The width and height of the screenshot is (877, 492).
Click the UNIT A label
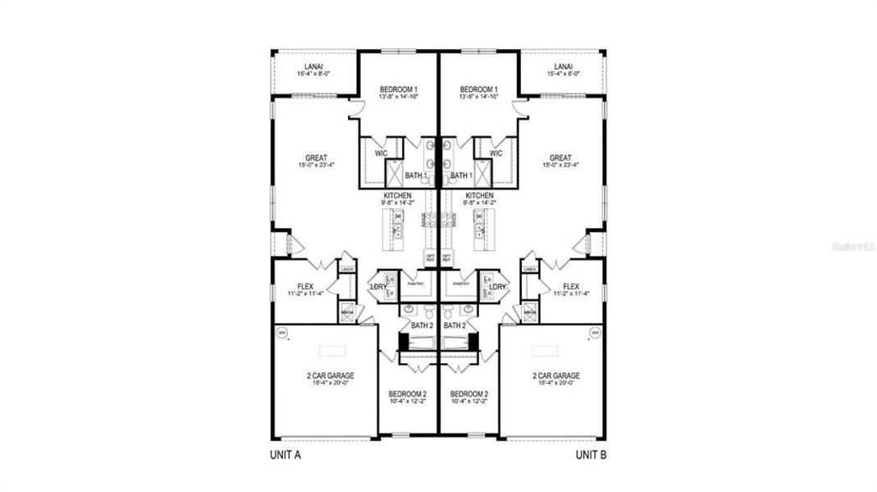click(x=286, y=454)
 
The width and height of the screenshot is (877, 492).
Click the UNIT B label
click(x=591, y=454)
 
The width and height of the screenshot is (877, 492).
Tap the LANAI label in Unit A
click(x=313, y=67)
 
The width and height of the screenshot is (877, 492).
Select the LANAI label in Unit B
click(x=563, y=67)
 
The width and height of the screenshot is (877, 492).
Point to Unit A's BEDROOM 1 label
click(x=399, y=89)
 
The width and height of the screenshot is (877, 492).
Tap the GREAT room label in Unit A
click(x=316, y=158)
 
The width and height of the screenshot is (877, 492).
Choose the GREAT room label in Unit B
click(x=560, y=158)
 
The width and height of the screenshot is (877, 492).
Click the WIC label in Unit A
click(x=381, y=153)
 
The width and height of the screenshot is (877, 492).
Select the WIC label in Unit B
click(x=496, y=153)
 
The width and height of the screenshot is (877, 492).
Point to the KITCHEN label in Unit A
click(x=398, y=196)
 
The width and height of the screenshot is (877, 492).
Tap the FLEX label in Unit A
click(x=306, y=286)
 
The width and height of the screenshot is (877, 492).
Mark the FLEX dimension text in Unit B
click(x=571, y=294)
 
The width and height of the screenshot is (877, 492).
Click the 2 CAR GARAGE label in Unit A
click(x=331, y=376)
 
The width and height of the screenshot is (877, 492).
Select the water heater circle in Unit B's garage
click(x=596, y=333)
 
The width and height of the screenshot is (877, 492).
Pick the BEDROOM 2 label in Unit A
click(x=408, y=394)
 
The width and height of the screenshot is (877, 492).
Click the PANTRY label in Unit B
click(x=461, y=283)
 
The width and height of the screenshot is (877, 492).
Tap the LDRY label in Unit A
click(x=377, y=287)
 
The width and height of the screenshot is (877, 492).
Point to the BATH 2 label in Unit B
click(x=455, y=326)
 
